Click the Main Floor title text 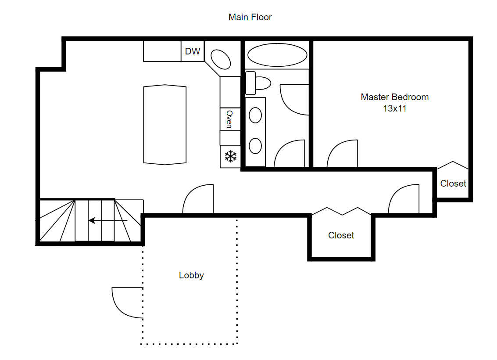click(x=250, y=18)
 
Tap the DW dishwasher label click(x=193, y=51)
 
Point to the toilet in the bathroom click(x=258, y=83)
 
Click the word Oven click(x=229, y=119)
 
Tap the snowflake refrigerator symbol click(x=231, y=156)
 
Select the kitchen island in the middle click(x=165, y=125)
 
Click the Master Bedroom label click(x=394, y=97)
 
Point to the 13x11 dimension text click(x=394, y=108)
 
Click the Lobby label click(x=191, y=276)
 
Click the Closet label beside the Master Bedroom click(x=453, y=184)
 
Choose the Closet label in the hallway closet click(x=341, y=235)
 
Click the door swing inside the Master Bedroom click(x=342, y=155)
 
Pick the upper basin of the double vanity click(x=255, y=115)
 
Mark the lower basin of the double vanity click(x=255, y=145)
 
